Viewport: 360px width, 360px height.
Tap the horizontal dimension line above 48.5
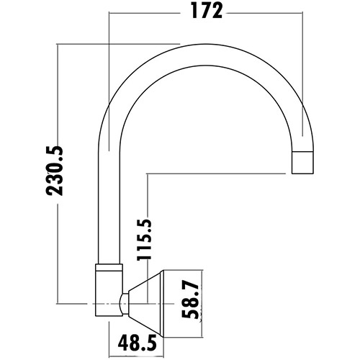pyautogui.click(x=137, y=325)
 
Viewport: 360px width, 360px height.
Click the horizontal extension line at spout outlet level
pyautogui.click(x=216, y=173)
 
